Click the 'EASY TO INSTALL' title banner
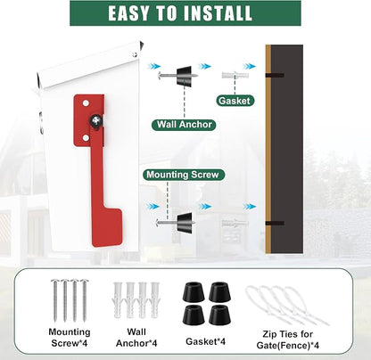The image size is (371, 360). [185, 13]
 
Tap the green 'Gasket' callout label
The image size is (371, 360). [235, 101]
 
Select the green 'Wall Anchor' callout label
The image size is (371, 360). [185, 124]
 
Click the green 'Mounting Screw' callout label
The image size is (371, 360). [183, 175]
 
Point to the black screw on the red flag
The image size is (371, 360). [96, 120]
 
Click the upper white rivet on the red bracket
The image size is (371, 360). [86, 103]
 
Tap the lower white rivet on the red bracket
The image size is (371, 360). [86, 137]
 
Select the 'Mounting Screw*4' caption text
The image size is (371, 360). [70, 338]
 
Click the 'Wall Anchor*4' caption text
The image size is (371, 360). [136, 338]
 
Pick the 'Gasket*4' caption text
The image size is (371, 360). [205, 341]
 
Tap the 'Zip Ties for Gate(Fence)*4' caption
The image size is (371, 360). [287, 340]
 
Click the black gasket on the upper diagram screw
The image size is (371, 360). [185, 75]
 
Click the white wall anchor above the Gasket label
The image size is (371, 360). [235, 75]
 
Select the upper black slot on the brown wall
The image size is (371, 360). [275, 76]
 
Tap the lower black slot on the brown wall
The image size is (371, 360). [275, 223]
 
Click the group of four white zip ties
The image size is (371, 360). [287, 305]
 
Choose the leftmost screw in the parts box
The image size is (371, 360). [55, 300]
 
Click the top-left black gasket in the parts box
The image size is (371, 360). [194, 291]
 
